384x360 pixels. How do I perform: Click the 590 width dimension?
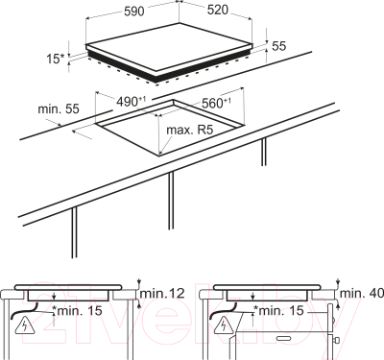[x=134, y=12]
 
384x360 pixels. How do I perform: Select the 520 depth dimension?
[x=218, y=10]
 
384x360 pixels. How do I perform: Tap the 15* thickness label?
[x=56, y=59]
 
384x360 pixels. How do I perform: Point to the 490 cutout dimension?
[x=131, y=102]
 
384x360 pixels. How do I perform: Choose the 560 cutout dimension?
[x=216, y=103]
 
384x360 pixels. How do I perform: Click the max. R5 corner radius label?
[x=190, y=131]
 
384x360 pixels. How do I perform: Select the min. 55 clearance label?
[x=59, y=108]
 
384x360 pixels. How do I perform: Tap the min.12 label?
[x=162, y=293]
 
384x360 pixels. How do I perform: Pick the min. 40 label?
[x=362, y=293]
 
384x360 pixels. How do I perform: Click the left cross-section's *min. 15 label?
[x=77, y=310]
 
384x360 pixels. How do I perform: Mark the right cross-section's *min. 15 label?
[x=277, y=310]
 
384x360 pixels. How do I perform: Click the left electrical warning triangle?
[x=24, y=324]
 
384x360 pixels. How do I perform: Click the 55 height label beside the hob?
[x=278, y=46]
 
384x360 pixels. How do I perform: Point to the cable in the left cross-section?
[x=24, y=310]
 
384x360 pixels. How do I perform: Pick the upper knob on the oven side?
[x=334, y=320]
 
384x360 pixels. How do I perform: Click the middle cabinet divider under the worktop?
[x=171, y=201]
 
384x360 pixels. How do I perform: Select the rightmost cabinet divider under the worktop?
[x=263, y=152]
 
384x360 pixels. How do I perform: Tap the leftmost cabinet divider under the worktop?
[x=74, y=232]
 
